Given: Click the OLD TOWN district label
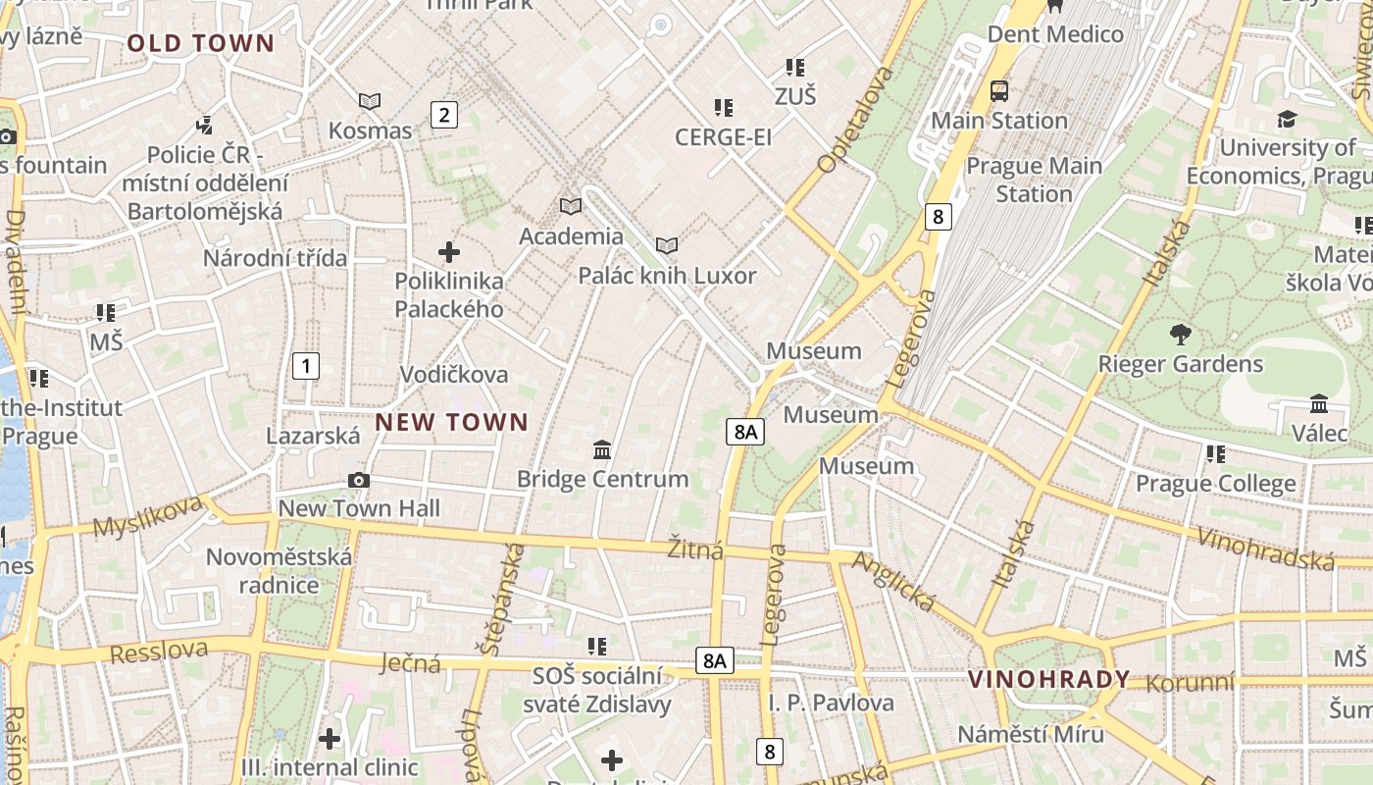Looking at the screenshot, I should pos(200,43).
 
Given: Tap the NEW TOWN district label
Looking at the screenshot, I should pos(452,423).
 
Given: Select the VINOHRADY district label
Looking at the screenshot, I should pos(1049,679).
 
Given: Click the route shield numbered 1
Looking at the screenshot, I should pos(306,367).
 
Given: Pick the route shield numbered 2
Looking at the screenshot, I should pos(444,115).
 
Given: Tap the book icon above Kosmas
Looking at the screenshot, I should pos(370,101).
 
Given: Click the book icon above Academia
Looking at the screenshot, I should pos(571,206).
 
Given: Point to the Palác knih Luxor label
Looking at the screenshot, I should pos(667,276).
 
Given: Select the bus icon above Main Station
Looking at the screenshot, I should pos(999,91).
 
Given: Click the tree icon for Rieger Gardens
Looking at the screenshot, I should pos(1180,335).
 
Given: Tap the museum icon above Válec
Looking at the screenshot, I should pos(1319,403).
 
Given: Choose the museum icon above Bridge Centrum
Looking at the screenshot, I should pos(602,450).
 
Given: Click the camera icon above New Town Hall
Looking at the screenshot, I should pos(359,480).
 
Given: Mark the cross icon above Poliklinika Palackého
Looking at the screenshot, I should pos(449,252).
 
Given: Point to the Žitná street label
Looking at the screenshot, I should pos(695,549).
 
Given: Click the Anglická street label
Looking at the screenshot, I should pos(893,581).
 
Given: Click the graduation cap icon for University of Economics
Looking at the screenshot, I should pos(1286,120).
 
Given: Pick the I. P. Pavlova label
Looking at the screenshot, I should pos(831,703).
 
